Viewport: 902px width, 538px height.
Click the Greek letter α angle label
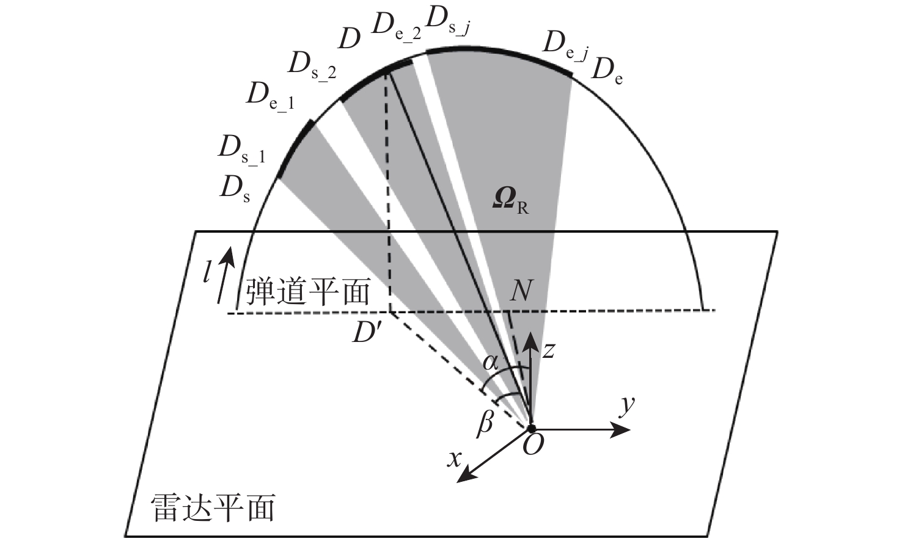point(491,363)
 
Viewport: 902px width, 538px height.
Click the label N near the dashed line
point(521,291)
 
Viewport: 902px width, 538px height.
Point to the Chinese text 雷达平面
point(213,508)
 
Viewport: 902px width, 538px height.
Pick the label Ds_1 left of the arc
point(241,150)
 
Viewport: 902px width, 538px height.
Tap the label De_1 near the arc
point(270,98)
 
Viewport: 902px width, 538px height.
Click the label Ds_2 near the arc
point(312,67)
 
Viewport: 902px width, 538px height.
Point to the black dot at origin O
point(531,428)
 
